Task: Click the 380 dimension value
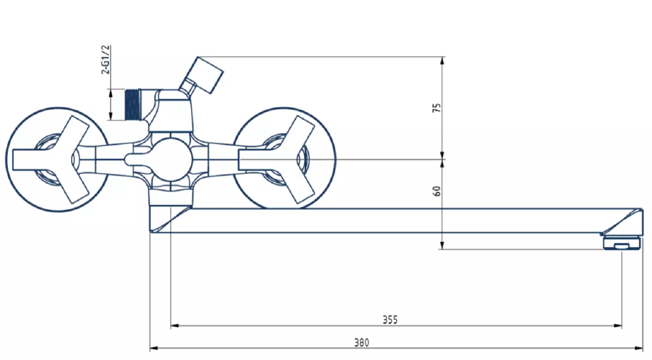tap(361, 342)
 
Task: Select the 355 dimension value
tap(390, 320)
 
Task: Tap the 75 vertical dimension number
tap(437, 108)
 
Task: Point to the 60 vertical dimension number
tap(437, 191)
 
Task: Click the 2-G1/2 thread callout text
tap(106, 60)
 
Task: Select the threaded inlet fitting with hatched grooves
tap(133, 105)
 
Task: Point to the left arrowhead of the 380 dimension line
tap(153, 348)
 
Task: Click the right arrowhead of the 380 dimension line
tap(639, 348)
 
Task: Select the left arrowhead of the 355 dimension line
tap(175, 326)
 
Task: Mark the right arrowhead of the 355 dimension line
tap(618, 326)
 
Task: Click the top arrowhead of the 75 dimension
tap(442, 61)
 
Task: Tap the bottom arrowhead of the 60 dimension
tap(442, 245)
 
